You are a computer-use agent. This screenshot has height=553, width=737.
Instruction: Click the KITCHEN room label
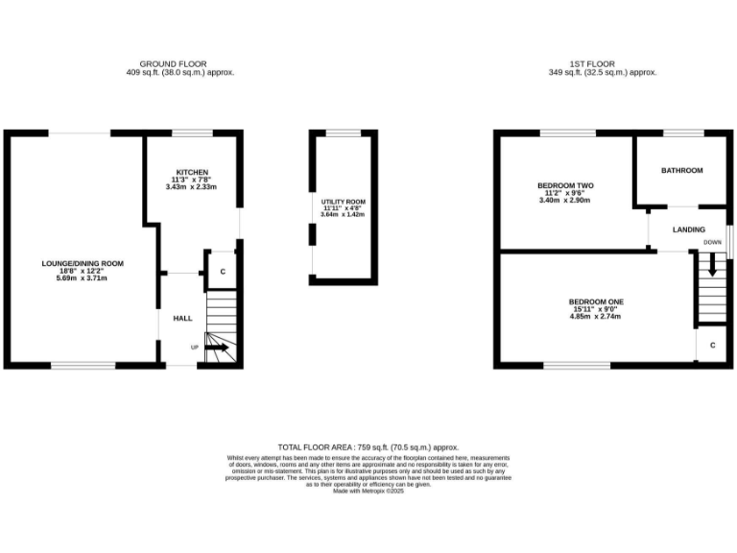tap(191, 173)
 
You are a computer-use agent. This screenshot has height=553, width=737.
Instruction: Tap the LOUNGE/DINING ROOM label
tap(83, 263)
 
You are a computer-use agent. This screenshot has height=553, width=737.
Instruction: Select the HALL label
tap(182, 318)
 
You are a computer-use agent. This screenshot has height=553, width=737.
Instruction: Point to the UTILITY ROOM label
tap(342, 201)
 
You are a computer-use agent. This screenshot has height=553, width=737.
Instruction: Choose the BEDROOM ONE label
tap(596, 301)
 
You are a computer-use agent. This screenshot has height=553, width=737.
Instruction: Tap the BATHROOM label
tap(681, 171)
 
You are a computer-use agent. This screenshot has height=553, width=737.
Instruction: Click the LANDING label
tap(689, 230)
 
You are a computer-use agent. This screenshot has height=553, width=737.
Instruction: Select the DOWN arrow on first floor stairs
tap(712, 264)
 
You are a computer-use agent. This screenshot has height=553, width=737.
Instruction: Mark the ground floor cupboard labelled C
tap(223, 272)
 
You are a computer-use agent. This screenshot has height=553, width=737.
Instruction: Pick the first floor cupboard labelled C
tap(712, 345)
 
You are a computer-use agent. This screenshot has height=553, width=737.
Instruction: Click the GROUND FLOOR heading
tap(179, 64)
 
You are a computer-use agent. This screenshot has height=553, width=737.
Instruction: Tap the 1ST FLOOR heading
tap(602, 64)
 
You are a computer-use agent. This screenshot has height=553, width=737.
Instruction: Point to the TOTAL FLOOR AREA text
tap(368, 447)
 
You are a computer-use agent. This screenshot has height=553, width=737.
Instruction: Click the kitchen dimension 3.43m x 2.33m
tap(191, 187)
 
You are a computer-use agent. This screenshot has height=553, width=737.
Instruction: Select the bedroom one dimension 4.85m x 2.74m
tap(596, 316)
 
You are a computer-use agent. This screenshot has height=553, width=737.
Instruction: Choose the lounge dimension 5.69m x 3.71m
tap(83, 278)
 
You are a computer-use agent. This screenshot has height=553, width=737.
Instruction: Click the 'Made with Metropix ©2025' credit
tap(368, 492)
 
